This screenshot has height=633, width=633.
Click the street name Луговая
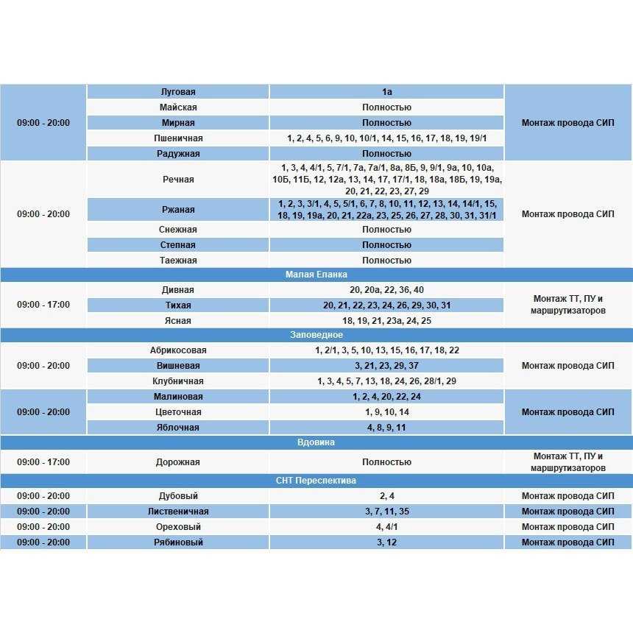pos(178,92)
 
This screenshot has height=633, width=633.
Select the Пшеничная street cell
pos(178,138)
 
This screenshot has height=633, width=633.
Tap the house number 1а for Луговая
pos(386,92)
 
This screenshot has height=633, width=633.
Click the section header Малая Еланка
pos(316,275)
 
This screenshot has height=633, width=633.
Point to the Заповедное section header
pos(316,335)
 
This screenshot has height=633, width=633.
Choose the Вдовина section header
pos(316,442)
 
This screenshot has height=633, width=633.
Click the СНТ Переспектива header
pos(316,481)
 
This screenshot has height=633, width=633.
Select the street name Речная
pos(178,180)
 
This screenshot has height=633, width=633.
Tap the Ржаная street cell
pos(178,210)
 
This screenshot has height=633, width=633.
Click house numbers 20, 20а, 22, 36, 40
pos(386,290)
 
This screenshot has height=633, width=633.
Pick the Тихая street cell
pos(178,305)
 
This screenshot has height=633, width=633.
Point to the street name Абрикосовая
pos(178,350)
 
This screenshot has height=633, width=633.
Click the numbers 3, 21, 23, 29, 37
pos(386,366)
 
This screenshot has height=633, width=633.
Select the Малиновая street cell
pos(178,397)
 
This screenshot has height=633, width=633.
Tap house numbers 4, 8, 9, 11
pos(386,428)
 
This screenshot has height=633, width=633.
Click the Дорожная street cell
pos(178,462)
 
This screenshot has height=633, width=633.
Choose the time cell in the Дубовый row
pos(43,496)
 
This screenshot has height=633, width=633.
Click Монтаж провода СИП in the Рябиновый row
pos(567,542)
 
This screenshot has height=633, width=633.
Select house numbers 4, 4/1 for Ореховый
pos(386,527)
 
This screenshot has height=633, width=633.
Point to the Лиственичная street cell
pos(178,512)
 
